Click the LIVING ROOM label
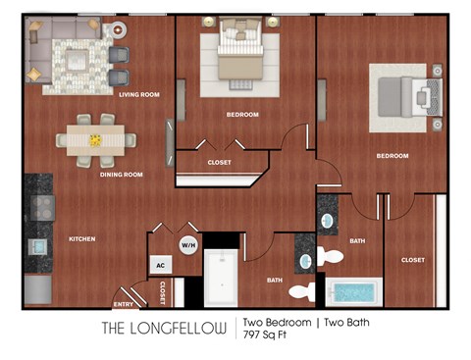click(x=138, y=95)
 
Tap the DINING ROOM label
click(x=121, y=175)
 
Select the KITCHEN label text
click(x=80, y=238)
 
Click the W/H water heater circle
click(x=186, y=244)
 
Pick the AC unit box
click(x=159, y=264)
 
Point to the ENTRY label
click(x=124, y=289)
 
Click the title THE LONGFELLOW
click(x=165, y=327)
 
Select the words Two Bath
click(x=347, y=321)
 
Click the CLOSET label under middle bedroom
click(x=219, y=162)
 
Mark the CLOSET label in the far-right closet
click(x=413, y=260)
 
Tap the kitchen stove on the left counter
click(x=42, y=206)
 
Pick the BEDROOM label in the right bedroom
click(x=392, y=156)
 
